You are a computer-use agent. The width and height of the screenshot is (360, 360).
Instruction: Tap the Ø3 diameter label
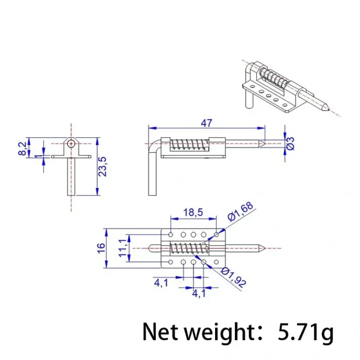pyautogui.click(x=290, y=143)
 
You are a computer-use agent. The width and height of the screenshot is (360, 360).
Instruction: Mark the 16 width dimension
pyautogui.click(x=101, y=247)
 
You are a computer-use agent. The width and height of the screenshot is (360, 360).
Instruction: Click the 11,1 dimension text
pyautogui.click(x=123, y=247)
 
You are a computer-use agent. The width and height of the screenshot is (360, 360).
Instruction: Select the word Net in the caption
pyautogui.click(x=161, y=332)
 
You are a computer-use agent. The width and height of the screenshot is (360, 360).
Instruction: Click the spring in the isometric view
pyautogui.click(x=276, y=78)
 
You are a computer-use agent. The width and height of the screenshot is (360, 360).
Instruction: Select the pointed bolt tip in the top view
pyautogui.click(x=262, y=247)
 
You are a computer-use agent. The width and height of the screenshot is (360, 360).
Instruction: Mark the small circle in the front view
pyautogui.click(x=71, y=144)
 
